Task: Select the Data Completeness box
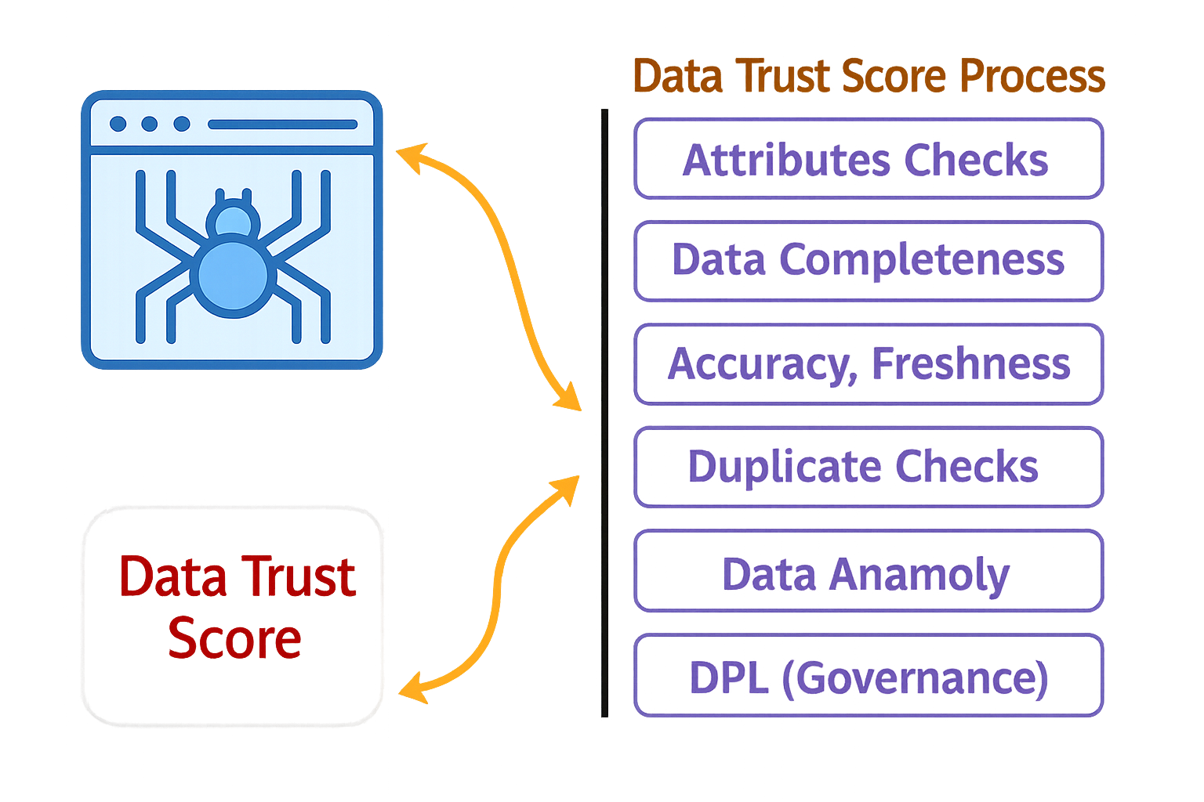869,261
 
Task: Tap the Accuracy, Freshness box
869,364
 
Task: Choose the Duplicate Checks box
869,467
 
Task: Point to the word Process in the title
1032,77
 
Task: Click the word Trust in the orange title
784,77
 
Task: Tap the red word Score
234,638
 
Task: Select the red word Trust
297,577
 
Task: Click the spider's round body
233,277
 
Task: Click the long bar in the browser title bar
282,125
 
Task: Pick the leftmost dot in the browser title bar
118,124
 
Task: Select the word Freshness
970,364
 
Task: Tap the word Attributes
786,160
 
